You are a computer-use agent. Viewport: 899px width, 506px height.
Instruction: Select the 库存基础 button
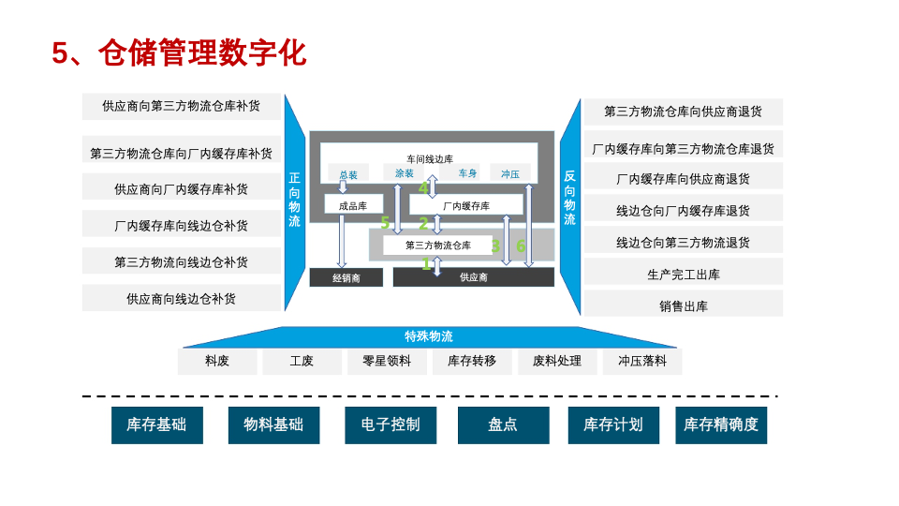pyautogui.click(x=156, y=424)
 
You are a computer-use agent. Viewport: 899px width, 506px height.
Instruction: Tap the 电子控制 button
pyautogui.click(x=391, y=424)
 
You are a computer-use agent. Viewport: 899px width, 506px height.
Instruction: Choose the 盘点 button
pyautogui.click(x=503, y=424)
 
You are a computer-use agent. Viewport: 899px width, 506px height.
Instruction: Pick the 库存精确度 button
pyautogui.click(x=720, y=424)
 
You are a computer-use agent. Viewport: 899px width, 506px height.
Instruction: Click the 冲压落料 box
pyautogui.click(x=641, y=361)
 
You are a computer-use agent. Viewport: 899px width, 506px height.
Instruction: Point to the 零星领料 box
pyautogui.click(x=386, y=361)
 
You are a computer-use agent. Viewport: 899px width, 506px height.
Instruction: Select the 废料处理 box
pyautogui.click(x=556, y=361)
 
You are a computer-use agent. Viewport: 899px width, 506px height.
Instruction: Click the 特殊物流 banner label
pyautogui.click(x=429, y=336)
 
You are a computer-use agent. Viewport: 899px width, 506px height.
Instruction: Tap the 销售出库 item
pyautogui.click(x=683, y=305)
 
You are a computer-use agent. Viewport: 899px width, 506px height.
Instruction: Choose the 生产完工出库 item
pyautogui.click(x=683, y=275)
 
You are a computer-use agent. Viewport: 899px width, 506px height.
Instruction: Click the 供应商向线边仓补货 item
pyautogui.click(x=181, y=299)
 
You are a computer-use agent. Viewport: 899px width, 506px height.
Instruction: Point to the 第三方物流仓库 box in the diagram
pyautogui.click(x=437, y=246)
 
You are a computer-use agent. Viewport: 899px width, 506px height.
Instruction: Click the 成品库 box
pyautogui.click(x=352, y=205)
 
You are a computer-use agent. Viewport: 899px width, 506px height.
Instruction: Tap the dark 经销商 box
pyautogui.click(x=346, y=277)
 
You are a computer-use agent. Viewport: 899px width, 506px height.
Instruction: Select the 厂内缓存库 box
pyautogui.click(x=465, y=205)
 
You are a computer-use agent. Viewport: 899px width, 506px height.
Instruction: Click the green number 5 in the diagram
pyautogui.click(x=385, y=223)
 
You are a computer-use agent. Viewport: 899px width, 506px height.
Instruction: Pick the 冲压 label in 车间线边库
pyautogui.click(x=509, y=173)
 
